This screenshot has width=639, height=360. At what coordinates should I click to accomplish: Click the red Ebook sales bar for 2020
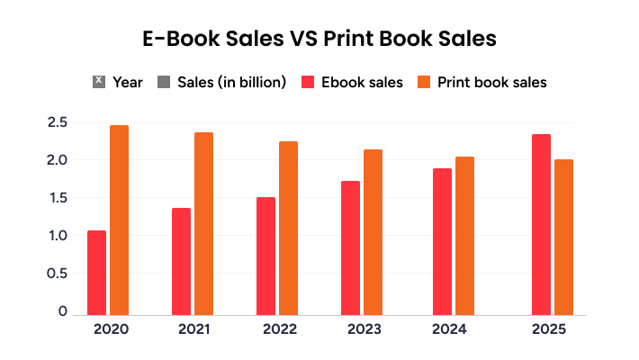[96, 272]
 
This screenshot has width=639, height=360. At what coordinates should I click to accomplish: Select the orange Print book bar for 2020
[120, 220]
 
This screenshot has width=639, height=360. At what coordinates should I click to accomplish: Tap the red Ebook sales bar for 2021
[181, 261]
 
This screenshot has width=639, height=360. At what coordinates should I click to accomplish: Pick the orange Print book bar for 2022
[288, 228]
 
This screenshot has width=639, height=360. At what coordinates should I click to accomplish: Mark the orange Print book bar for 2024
[464, 235]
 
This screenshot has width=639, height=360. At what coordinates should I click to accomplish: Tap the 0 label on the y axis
[63, 311]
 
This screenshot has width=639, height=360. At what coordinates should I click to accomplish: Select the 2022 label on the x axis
[280, 329]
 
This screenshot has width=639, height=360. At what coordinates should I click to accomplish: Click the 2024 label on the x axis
[449, 329]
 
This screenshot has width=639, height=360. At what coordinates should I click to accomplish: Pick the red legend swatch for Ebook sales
[307, 83]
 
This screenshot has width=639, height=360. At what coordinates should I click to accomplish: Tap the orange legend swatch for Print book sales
[424, 83]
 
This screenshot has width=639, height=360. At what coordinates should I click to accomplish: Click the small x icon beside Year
[99, 82]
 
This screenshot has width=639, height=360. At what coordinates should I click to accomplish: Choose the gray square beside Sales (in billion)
[163, 83]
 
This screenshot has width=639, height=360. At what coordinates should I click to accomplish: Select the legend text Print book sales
[492, 83]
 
